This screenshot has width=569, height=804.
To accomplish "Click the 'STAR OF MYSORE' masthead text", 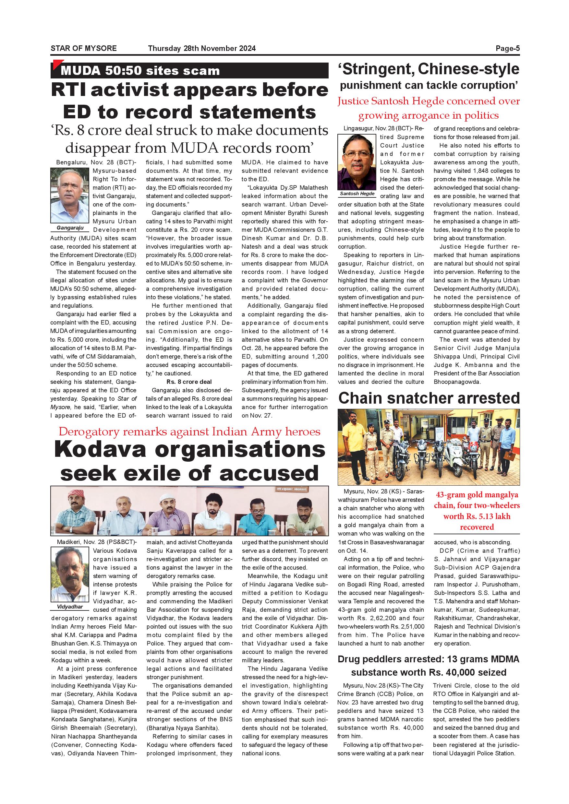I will (x=83, y=48).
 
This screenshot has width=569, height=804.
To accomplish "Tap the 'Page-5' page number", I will (x=507, y=48).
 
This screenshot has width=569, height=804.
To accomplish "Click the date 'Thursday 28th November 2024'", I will (x=202, y=48).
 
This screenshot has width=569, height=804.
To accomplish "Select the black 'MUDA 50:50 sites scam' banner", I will (x=189, y=71).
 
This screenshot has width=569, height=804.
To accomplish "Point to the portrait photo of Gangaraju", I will (x=70, y=195).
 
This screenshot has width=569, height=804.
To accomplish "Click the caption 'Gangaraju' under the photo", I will (x=70, y=228).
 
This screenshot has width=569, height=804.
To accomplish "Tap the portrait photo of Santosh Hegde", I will (x=357, y=162).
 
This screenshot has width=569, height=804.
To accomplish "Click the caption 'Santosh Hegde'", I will (x=357, y=194).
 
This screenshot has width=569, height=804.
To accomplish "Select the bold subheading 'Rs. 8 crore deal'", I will (x=189, y=382).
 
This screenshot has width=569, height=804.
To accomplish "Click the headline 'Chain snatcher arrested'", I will (x=429, y=398).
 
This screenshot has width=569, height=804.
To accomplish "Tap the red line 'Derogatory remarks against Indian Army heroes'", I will (x=189, y=432).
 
